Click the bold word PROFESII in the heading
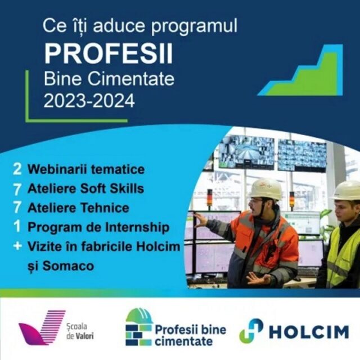tap(108, 54)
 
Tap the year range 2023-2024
tap(89, 101)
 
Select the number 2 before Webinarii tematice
tap(17, 169)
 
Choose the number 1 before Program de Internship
tap(17, 226)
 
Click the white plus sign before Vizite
tap(17, 246)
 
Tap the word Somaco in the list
tap(68, 266)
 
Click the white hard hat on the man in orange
tap(265, 189)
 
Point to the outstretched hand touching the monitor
tap(200, 220)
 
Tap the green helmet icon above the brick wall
tap(139, 316)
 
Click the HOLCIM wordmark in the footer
tap(309, 332)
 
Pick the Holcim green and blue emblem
tap(251, 331)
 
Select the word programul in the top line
tap(194, 26)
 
